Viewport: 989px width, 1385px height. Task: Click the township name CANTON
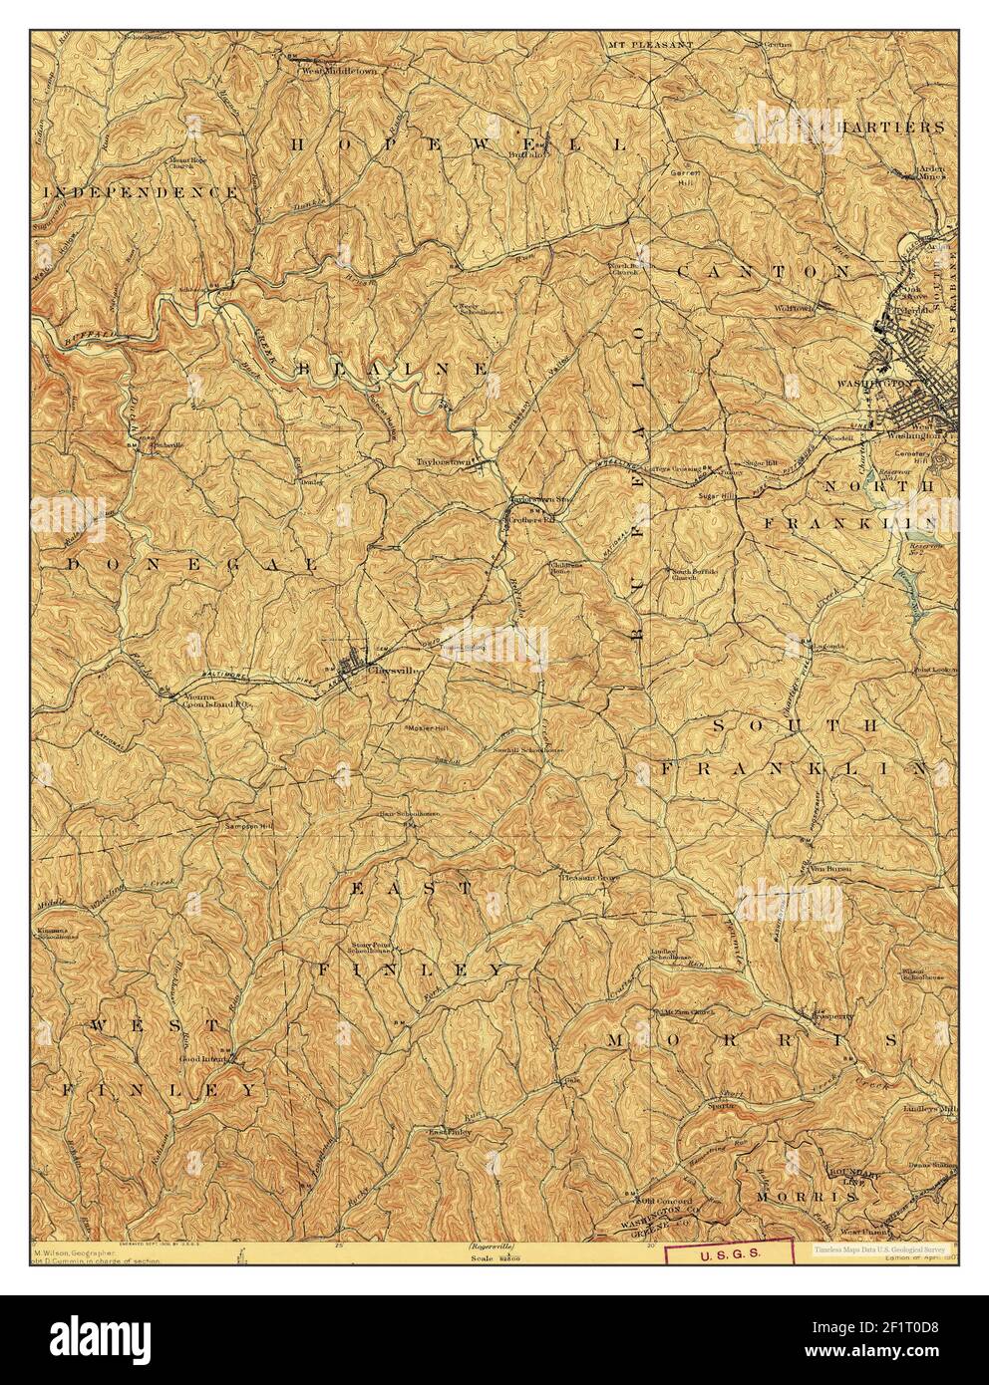tap(764, 270)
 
